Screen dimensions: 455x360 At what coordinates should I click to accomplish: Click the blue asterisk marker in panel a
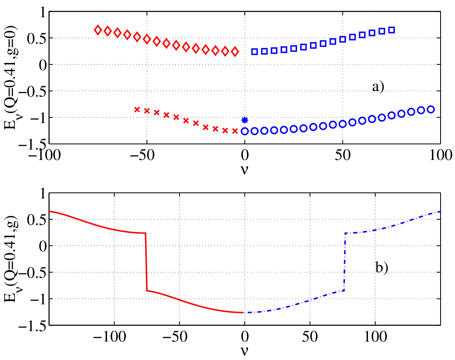coord(245,120)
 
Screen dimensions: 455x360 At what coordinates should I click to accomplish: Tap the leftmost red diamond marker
coord(98,30)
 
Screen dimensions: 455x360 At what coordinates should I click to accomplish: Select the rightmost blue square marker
coord(391,30)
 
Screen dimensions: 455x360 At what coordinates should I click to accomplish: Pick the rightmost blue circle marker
coord(431,109)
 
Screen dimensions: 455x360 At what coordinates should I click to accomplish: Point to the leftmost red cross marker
coord(137,109)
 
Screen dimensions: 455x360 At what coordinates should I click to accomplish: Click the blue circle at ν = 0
coord(245,131)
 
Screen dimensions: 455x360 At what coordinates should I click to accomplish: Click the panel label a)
coord(378,87)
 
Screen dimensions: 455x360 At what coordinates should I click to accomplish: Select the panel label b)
coord(382,267)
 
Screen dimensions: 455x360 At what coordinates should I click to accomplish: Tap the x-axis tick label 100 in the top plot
coord(441,155)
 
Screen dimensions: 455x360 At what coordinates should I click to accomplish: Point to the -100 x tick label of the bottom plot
coord(110,337)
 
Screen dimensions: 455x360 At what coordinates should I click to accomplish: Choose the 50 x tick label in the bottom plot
coord(310,337)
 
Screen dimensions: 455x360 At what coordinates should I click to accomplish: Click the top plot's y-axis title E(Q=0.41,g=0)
coord(11,78)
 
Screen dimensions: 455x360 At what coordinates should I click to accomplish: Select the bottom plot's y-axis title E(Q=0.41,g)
coord(11,259)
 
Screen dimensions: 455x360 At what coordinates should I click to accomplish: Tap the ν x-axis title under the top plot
coord(245,170)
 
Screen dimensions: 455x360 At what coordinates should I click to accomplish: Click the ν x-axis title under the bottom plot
coord(245,351)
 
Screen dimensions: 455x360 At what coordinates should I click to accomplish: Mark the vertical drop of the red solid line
coord(146,262)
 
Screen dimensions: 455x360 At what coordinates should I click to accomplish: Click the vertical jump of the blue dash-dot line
coord(344,262)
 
